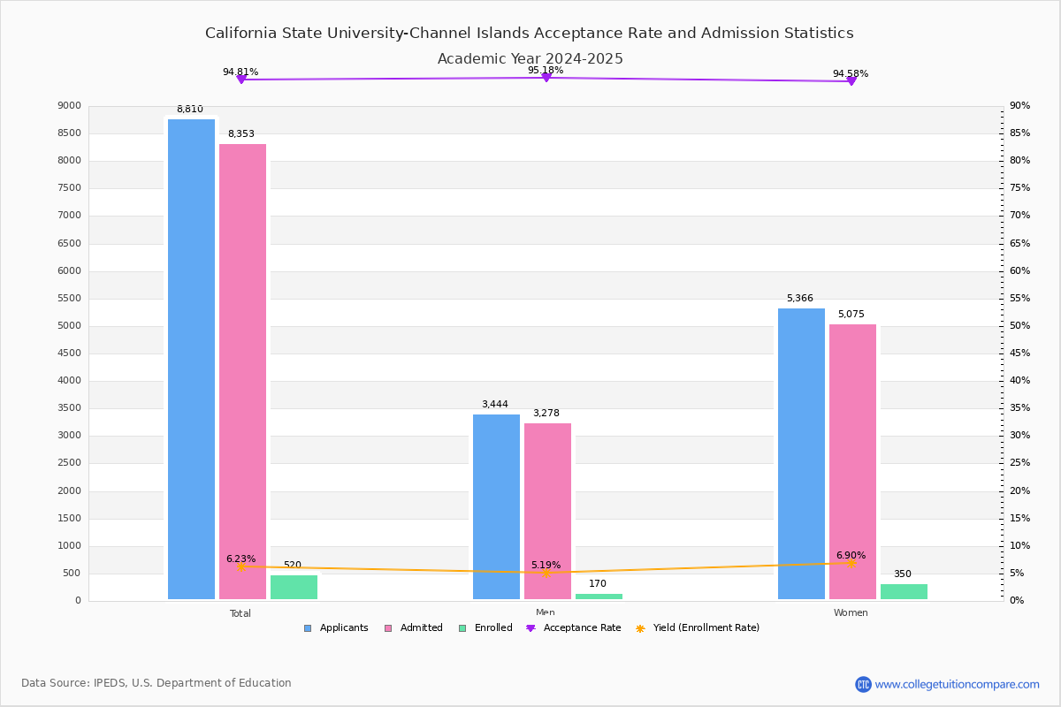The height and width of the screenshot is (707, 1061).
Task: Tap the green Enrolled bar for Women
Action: tap(904, 591)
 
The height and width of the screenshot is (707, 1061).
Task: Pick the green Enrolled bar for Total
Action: tap(294, 587)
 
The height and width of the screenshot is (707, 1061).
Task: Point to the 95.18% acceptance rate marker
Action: tap(546, 78)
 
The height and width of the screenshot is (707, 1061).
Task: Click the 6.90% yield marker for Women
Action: tap(851, 563)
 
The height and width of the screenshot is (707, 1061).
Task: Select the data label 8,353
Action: tap(240, 134)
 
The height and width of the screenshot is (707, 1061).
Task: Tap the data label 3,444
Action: tap(494, 405)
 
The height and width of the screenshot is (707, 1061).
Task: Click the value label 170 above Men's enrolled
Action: tap(598, 584)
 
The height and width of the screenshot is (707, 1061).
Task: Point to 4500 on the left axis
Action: tap(70, 353)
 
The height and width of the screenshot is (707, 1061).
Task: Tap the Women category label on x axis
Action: tap(851, 613)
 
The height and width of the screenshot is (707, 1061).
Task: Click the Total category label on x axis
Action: tap(240, 613)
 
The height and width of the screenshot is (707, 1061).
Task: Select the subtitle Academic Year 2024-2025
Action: tap(530, 59)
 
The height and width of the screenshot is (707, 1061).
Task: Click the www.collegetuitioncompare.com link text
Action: tap(957, 684)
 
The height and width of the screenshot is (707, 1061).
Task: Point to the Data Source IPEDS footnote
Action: tap(156, 683)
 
